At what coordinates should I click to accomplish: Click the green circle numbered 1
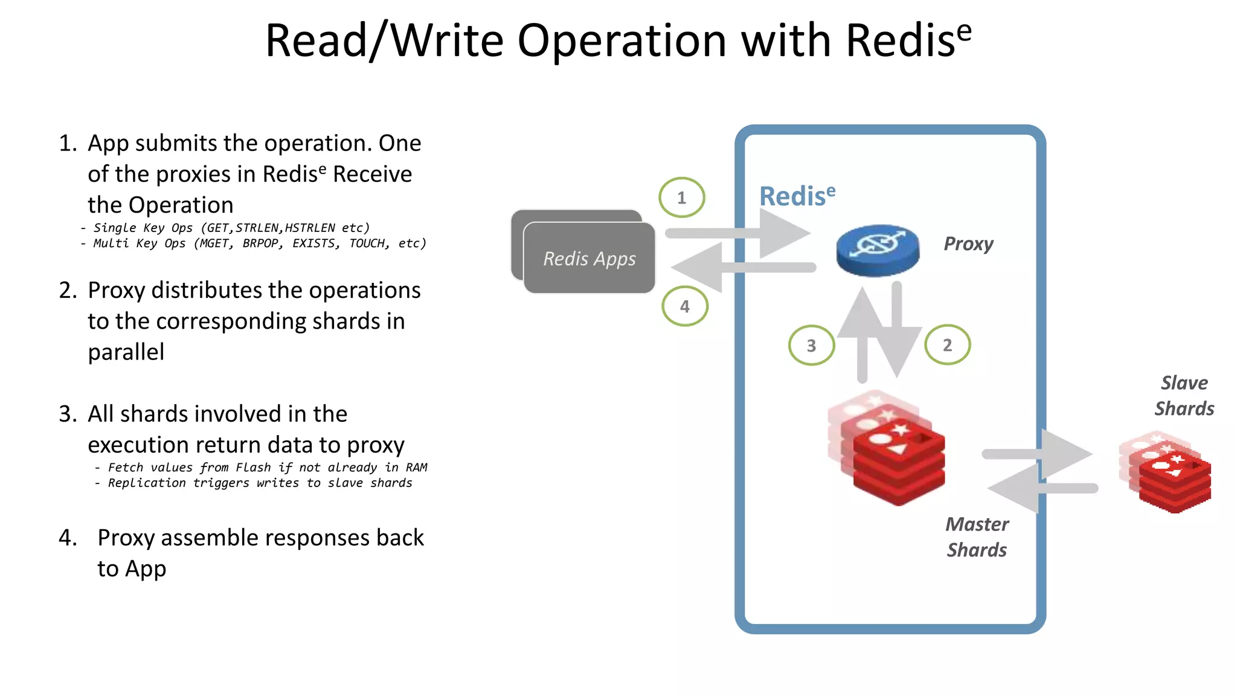[x=681, y=198]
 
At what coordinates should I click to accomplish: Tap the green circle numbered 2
[x=947, y=345]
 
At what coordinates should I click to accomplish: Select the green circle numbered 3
[x=811, y=346]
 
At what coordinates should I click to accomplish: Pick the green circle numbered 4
[x=684, y=306]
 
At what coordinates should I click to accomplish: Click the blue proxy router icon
[x=878, y=250]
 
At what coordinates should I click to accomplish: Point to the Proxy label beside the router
[x=968, y=243]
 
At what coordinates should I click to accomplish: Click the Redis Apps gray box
[x=590, y=258]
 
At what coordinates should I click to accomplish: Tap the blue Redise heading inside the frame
[x=797, y=196]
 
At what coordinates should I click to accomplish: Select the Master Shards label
[x=977, y=536]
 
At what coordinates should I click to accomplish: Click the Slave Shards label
[x=1184, y=396]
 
